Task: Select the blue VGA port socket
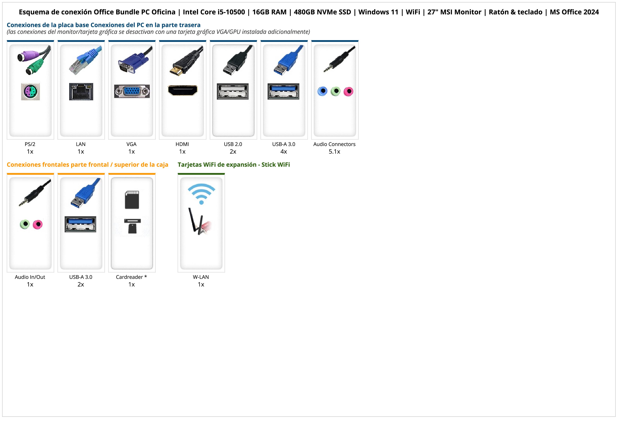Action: tap(132, 91)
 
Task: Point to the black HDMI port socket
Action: tap(183, 90)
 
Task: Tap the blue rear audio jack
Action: tap(322, 91)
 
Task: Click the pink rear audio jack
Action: tap(348, 91)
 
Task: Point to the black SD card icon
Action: tap(132, 200)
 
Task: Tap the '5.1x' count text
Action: tap(334, 152)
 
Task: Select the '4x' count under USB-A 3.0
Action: tap(284, 152)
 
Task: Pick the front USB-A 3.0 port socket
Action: tap(81, 224)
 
